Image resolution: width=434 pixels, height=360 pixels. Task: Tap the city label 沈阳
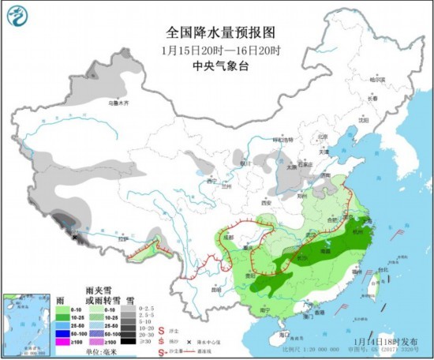[x=363, y=120]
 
